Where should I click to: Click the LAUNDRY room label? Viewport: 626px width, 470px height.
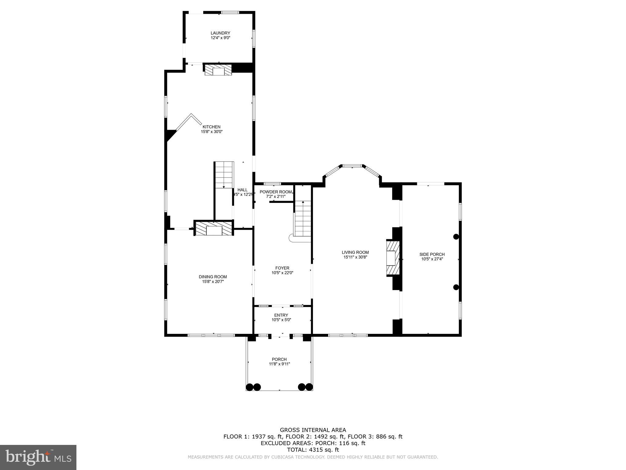(220, 33)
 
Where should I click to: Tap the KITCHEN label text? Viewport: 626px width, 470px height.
(211, 127)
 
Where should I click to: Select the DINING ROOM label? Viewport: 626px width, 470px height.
(213, 277)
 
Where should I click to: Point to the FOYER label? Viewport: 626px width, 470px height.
(282, 268)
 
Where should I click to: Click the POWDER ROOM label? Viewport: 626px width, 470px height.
(275, 192)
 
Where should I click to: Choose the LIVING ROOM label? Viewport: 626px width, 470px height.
(355, 252)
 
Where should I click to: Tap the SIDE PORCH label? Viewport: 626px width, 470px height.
(432, 254)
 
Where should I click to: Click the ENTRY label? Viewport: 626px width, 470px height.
(281, 315)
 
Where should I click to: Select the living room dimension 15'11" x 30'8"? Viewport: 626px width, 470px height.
(355, 257)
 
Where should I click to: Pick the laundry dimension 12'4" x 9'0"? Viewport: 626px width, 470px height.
(220, 38)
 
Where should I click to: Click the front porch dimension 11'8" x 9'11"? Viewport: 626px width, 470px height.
(279, 364)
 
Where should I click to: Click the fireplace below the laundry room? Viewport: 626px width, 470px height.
(218, 70)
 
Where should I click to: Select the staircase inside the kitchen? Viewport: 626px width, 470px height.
(224, 175)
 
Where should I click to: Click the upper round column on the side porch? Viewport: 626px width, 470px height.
(456, 237)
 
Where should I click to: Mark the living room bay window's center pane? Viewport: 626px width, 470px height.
(352, 166)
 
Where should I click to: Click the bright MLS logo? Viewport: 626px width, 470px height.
(38, 457)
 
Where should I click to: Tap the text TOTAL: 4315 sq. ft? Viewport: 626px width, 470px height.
(313, 450)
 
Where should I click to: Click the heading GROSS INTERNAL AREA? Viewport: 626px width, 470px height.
(313, 430)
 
